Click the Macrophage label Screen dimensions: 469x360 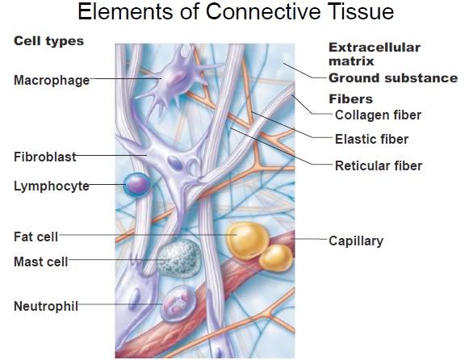(52, 81)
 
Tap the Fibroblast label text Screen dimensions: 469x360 (45, 157)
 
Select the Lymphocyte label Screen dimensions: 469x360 (52, 186)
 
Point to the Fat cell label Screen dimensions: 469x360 (36, 237)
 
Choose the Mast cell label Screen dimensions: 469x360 (41, 262)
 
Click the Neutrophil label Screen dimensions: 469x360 (46, 306)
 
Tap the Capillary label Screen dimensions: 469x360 (356, 241)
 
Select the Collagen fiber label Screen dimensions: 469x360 (378, 115)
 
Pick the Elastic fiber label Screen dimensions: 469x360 (371, 139)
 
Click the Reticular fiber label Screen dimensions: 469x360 (379, 165)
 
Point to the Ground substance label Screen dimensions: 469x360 (393, 78)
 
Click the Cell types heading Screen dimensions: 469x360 (48, 41)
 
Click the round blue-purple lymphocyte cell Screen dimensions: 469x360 (136, 185)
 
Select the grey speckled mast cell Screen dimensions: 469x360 (179, 258)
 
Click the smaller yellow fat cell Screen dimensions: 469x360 (275, 257)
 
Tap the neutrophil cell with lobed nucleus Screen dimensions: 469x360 (178, 303)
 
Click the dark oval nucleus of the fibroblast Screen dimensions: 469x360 (174, 163)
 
